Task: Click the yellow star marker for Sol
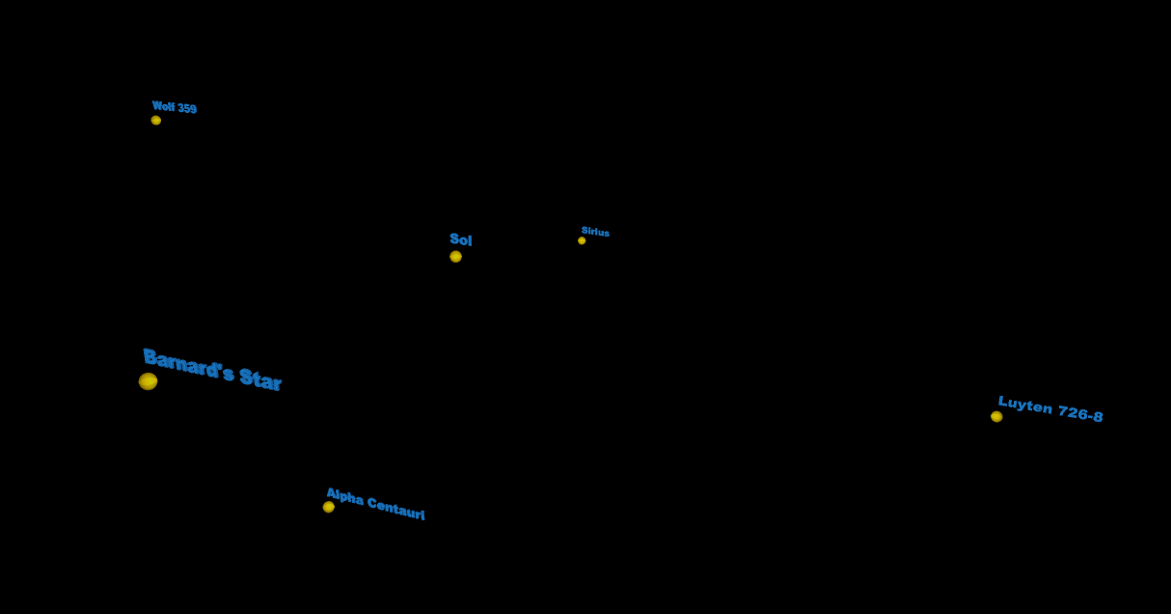point(455,257)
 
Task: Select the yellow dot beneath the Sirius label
point(582,240)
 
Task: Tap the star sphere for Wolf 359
point(156,121)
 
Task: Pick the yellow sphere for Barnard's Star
point(148,381)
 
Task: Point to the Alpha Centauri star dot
point(329,507)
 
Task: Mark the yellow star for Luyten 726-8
point(996,417)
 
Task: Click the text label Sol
point(461,239)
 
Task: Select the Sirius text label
point(595,232)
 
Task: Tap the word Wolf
point(163,106)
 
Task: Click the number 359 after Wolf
point(186,109)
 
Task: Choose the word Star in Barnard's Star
point(260,379)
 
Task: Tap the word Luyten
point(1024,406)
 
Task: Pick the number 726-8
point(1080,414)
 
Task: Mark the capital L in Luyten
point(1003,402)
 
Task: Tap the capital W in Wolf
point(156,105)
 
